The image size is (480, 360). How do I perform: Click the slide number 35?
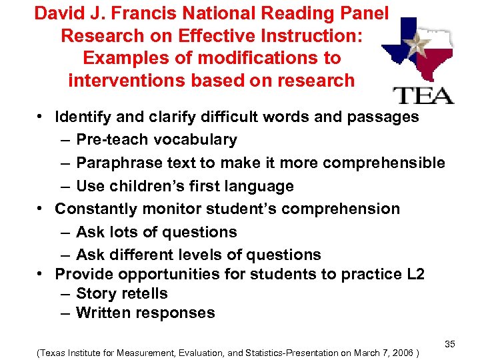point(450,344)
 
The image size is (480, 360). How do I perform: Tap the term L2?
point(413,274)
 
